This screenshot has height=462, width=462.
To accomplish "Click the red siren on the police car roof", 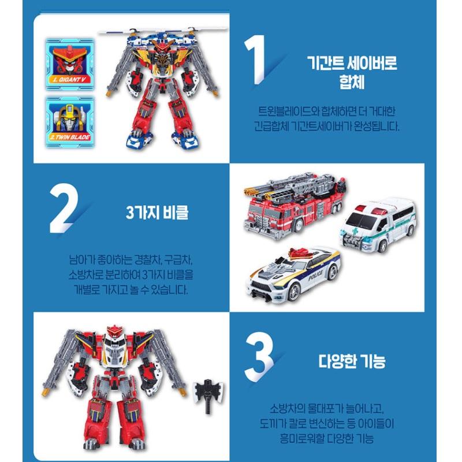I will click(x=295, y=252).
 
